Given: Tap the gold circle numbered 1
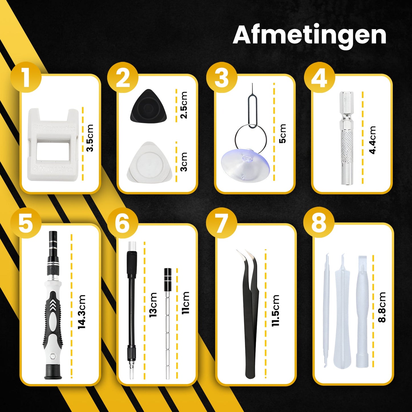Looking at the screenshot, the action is [x=26, y=78].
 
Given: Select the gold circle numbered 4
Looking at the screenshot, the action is [x=319, y=78].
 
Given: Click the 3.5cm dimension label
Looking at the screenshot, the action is [x=90, y=138].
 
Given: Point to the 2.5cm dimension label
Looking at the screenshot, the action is [x=184, y=105].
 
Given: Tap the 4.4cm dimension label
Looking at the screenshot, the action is [x=372, y=140].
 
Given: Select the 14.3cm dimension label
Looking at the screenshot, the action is [x=82, y=312].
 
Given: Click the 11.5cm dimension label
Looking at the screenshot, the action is [x=275, y=310].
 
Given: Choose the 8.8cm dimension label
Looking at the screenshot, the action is [x=382, y=307].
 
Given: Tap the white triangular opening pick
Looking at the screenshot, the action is [x=149, y=162].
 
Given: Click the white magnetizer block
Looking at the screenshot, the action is [x=53, y=144].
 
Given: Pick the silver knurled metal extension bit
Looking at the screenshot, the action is [x=346, y=138].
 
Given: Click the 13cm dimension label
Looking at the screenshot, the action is [x=153, y=305].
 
